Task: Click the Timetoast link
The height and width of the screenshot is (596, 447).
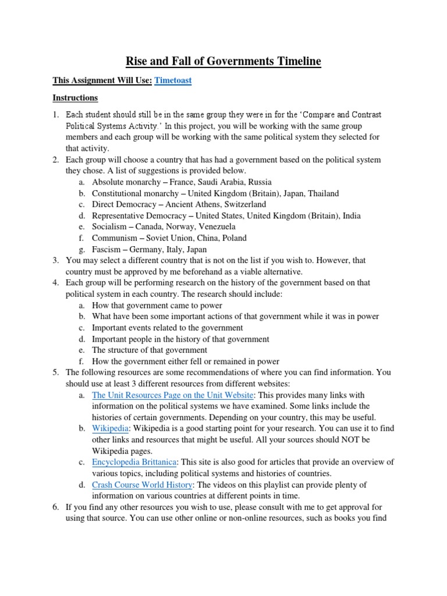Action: pyautogui.click(x=173, y=81)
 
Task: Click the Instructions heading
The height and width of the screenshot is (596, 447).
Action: pyautogui.click(x=75, y=98)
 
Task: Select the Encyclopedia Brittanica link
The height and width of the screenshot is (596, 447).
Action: pyautogui.click(x=134, y=462)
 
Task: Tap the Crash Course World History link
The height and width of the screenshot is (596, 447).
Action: pyautogui.click(x=142, y=485)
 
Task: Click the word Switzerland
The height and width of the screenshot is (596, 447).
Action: pyautogui.click(x=243, y=204)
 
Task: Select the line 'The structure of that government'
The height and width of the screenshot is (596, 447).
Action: pyautogui.click(x=150, y=350)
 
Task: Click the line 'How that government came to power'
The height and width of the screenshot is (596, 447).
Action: pyautogui.click(x=157, y=305)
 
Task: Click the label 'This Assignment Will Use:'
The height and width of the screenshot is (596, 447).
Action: pyautogui.click(x=102, y=81)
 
